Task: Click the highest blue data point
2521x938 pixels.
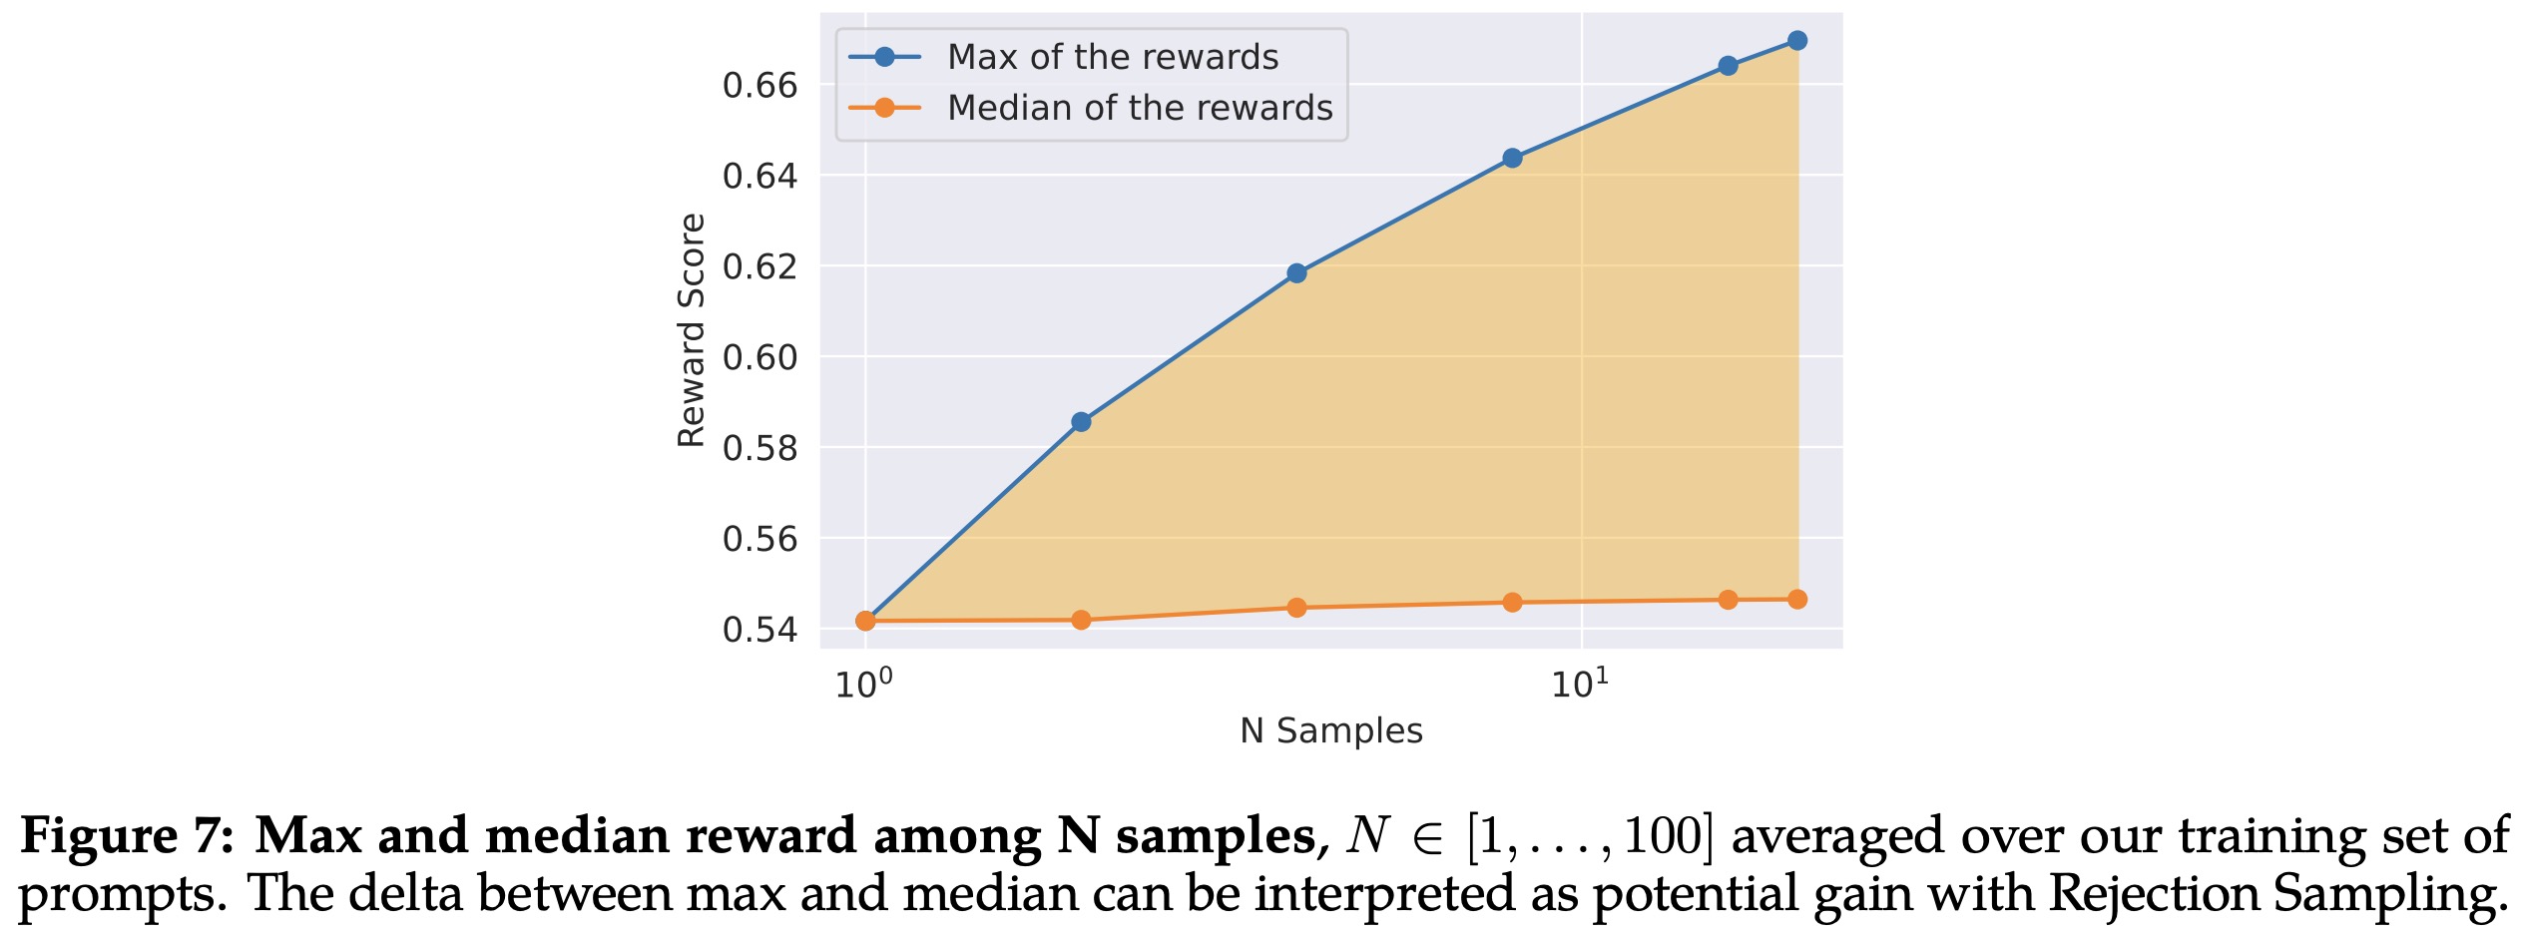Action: click(1796, 41)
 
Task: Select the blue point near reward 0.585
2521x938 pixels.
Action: click(1081, 422)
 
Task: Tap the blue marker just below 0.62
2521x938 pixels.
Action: click(1296, 273)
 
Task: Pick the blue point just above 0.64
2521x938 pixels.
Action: click(1512, 158)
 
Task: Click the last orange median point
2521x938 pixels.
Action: click(1796, 600)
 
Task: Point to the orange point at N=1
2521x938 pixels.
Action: click(865, 621)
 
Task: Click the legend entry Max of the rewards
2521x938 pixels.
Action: click(1112, 57)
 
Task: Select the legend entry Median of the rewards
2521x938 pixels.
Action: click(1139, 108)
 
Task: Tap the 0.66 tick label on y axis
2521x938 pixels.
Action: click(759, 86)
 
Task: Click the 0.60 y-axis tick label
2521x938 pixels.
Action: click(759, 357)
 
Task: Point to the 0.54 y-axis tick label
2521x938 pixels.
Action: click(759, 630)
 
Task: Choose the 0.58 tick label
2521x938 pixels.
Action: click(759, 448)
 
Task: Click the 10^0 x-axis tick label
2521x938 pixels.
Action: click(863, 685)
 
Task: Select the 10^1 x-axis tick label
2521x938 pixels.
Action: click(1579, 685)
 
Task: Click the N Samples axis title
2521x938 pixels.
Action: click(1330, 731)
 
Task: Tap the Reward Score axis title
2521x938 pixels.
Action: click(691, 330)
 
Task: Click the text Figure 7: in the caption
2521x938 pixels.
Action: click(127, 836)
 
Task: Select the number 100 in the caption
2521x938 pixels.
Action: click(1662, 836)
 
